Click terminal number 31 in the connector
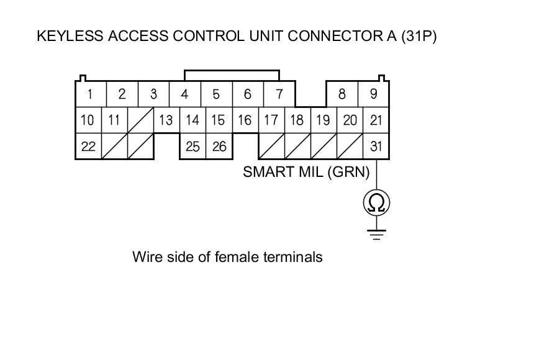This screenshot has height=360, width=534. (376, 146)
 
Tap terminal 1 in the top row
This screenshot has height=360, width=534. (91, 94)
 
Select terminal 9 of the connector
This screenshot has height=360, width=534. (373, 94)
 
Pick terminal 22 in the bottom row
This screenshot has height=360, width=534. (88, 146)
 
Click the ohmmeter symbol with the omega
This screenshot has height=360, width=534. (376, 202)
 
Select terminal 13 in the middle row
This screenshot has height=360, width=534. (166, 120)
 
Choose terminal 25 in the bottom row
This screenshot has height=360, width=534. (192, 146)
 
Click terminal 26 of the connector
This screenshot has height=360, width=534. (218, 146)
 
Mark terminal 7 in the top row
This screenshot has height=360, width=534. (279, 94)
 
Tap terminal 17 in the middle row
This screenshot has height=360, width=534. (271, 120)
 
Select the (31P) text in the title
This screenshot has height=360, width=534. (418, 36)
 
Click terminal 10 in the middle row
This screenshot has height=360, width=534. (88, 120)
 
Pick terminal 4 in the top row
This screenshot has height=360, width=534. (184, 94)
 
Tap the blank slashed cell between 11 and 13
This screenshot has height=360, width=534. (140, 120)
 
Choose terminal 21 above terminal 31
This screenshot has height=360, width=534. (376, 120)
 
